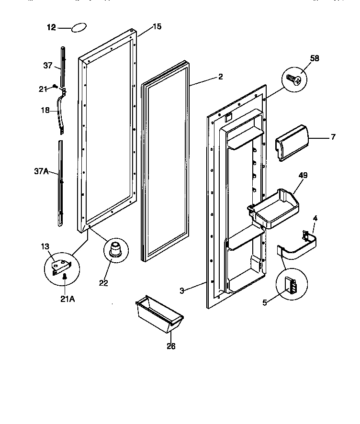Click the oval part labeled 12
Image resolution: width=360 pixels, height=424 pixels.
tap(79, 28)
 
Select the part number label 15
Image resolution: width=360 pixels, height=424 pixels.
tap(157, 27)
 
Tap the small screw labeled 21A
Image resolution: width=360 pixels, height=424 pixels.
tap(64, 276)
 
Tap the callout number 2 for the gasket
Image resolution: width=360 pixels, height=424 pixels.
tap(220, 77)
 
